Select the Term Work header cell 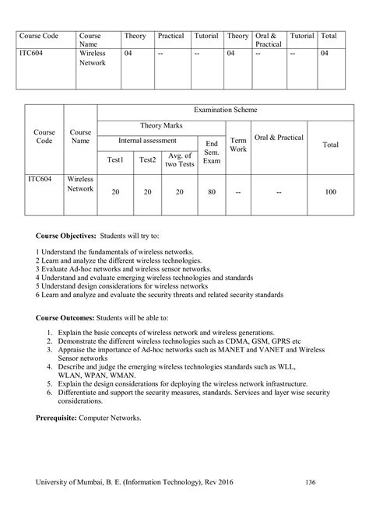coord(238,143)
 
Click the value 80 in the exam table coord(211,191)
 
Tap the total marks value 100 coord(330,191)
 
